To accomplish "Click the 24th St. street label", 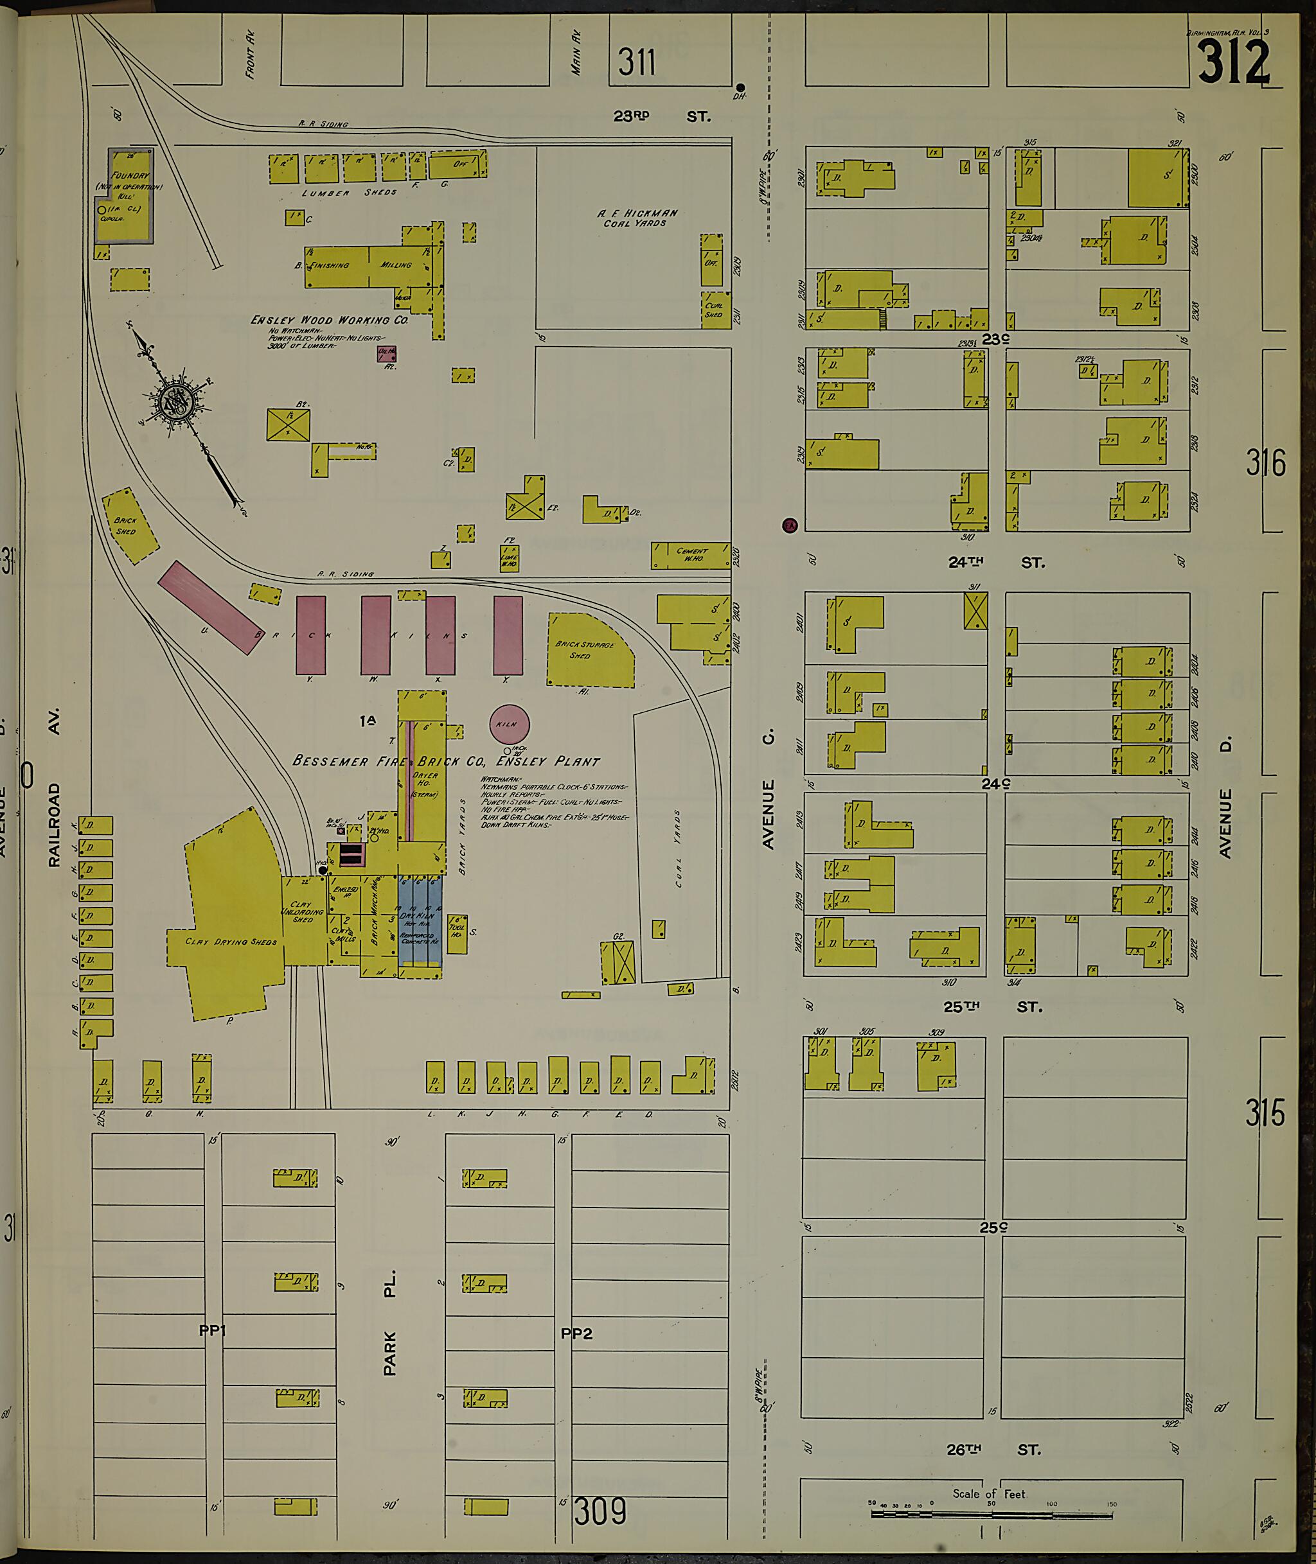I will pyautogui.click(x=995, y=563).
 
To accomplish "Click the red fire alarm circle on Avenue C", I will pyautogui.click(x=789, y=525).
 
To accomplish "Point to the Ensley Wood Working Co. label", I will pyautogui.click(x=329, y=320).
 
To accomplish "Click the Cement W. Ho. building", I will pyautogui.click(x=690, y=555).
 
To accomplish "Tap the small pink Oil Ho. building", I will pyautogui.click(x=386, y=353).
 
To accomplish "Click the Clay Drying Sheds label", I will pyautogui.click(x=231, y=941).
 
